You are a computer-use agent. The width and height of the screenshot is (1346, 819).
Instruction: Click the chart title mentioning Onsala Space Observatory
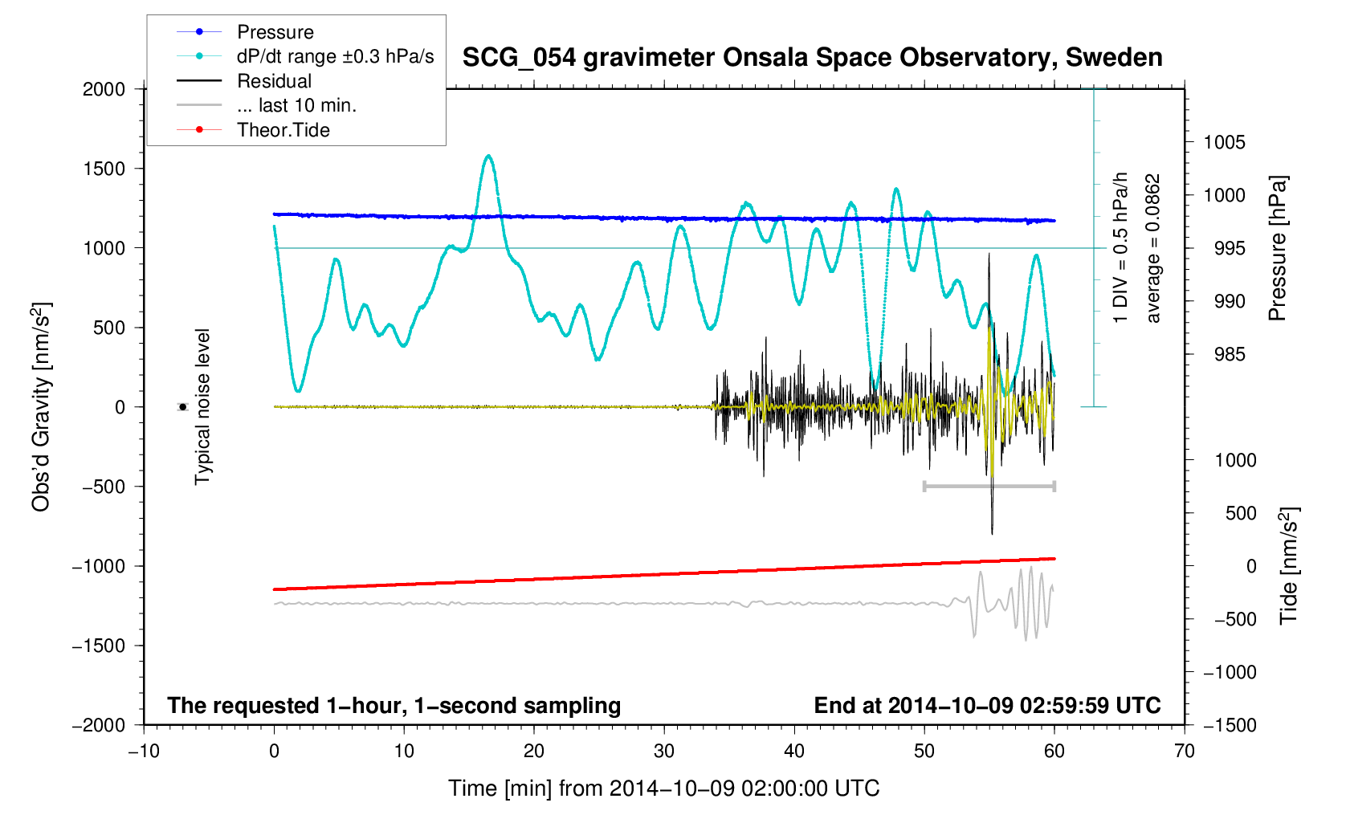click(x=812, y=58)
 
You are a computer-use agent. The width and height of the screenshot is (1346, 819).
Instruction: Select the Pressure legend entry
click(x=275, y=32)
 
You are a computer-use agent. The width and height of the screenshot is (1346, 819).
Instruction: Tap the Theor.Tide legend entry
click(x=283, y=130)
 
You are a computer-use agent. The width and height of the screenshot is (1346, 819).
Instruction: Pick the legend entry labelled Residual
click(x=274, y=81)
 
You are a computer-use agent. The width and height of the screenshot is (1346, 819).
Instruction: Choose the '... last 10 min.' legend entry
click(x=296, y=105)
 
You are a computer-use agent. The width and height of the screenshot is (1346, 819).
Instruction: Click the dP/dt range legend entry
click(x=335, y=56)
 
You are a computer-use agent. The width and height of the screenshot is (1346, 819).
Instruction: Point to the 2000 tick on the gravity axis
click(x=104, y=89)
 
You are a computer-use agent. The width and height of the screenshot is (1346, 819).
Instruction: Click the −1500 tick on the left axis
click(x=100, y=646)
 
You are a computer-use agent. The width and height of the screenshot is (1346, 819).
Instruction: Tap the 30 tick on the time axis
click(x=664, y=751)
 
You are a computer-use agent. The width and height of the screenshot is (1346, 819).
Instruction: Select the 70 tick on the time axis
click(x=1184, y=751)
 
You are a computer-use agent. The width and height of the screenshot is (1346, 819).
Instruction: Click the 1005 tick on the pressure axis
click(x=1225, y=143)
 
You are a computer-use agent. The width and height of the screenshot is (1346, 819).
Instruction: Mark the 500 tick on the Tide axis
click(x=1241, y=513)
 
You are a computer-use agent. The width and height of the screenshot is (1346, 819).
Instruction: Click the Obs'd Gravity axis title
click(x=41, y=407)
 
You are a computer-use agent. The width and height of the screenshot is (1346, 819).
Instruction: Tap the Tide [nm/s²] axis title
click(x=1288, y=565)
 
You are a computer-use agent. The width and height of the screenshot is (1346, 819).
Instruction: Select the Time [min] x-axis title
click(x=663, y=788)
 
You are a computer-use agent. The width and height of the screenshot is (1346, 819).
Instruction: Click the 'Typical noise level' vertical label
click(x=202, y=407)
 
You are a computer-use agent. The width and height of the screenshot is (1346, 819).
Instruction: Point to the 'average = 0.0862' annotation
click(x=1153, y=248)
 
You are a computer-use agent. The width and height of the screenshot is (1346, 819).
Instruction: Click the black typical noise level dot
click(x=182, y=407)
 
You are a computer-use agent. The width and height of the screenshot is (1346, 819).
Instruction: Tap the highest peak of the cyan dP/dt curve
click(x=488, y=156)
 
